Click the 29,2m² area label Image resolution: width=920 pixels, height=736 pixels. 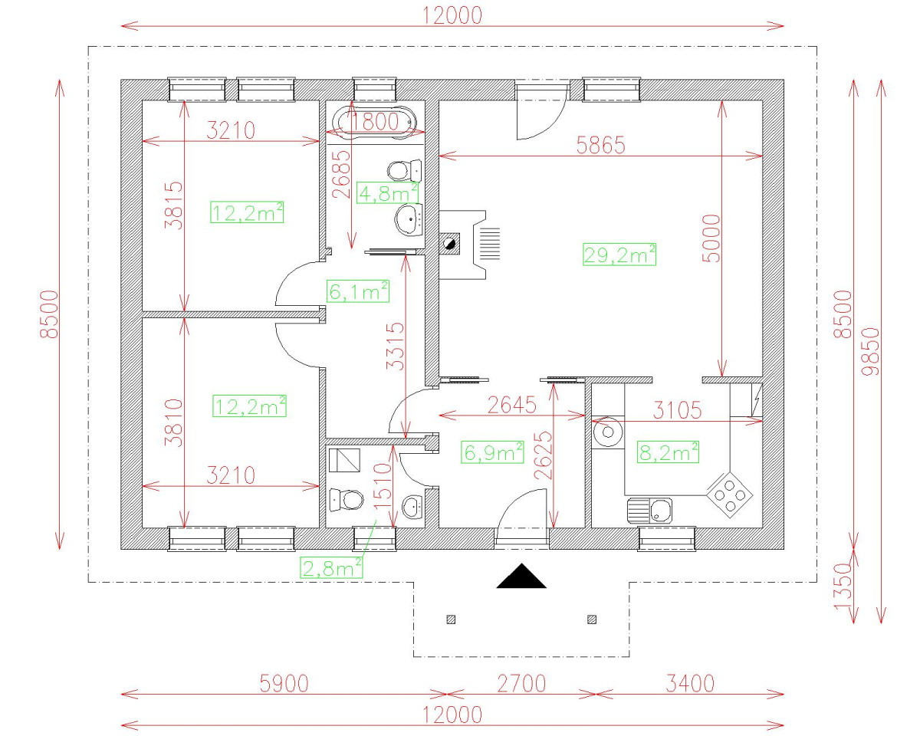click(619, 255)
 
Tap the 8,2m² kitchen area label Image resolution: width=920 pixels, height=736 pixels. click(669, 452)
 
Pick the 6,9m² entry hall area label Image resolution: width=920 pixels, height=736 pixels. click(491, 452)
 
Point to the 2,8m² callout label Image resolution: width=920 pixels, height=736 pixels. click(332, 567)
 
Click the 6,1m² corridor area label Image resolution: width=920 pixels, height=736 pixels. click(357, 291)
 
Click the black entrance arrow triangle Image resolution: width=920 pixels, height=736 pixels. click(521, 576)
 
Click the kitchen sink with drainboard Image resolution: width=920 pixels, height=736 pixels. click(649, 511)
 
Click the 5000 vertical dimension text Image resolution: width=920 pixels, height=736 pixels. click(711, 238)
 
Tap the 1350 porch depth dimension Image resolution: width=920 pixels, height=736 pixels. click(843, 586)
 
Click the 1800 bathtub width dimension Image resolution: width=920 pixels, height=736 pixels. click(376, 121)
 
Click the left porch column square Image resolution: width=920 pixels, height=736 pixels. click(451, 619)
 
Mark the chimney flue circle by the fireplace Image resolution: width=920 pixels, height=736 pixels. click(450, 245)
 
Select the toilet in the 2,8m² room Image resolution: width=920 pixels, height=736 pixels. click(346, 500)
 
